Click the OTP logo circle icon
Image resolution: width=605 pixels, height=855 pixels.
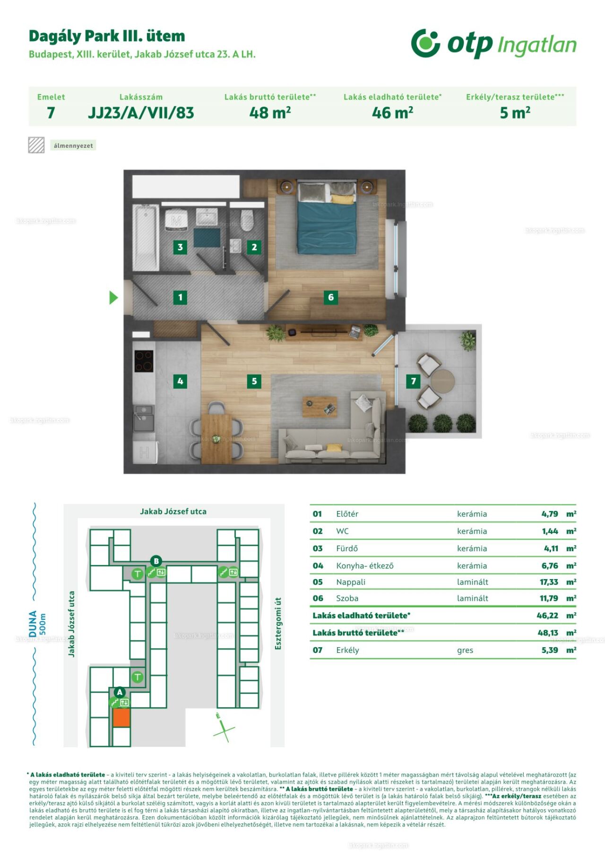tap(425, 43)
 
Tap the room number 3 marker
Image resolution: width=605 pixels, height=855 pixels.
tap(180, 247)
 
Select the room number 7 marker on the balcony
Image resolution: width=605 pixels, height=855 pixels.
tap(414, 381)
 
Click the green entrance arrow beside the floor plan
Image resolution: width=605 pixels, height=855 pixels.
tap(113, 297)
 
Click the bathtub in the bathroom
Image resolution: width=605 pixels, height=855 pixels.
tap(146, 238)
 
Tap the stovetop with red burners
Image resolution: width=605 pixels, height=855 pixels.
tap(144, 361)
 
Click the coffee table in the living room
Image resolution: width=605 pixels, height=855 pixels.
tap(320, 407)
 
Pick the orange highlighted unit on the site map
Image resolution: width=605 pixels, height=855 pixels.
tap(121, 717)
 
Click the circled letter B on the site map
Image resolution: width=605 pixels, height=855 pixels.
tap(156, 561)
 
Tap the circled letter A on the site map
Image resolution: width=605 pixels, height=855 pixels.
tap(120, 692)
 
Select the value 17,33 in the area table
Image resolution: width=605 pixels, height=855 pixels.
tap(549, 582)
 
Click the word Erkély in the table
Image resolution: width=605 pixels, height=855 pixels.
tap(347, 650)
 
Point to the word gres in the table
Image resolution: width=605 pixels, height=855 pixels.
tap(465, 650)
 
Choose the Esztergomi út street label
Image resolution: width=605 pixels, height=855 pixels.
tap(278, 623)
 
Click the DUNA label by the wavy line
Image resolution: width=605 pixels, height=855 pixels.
tap(33, 624)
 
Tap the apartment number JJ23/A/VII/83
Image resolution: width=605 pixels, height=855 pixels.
tap(141, 113)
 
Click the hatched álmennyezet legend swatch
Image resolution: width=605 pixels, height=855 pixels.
tap(36, 145)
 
